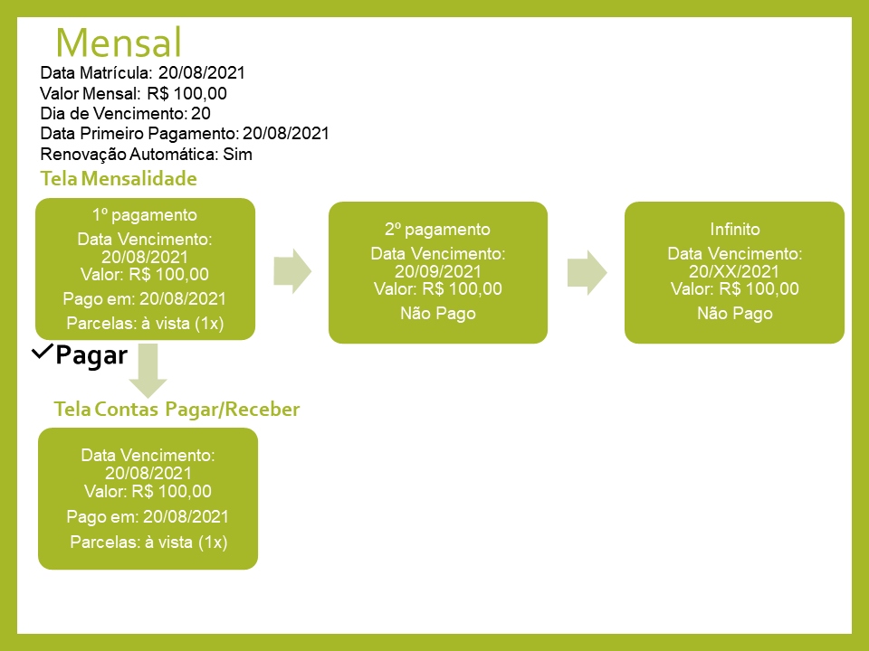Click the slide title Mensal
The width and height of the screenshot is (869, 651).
pyautogui.click(x=119, y=42)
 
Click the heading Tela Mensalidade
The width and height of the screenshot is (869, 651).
pyautogui.click(x=119, y=179)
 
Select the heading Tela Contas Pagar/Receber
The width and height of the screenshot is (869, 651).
pyautogui.click(x=177, y=410)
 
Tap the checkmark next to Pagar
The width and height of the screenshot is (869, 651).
pyautogui.click(x=42, y=353)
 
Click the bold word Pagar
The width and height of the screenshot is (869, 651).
pyautogui.click(x=91, y=355)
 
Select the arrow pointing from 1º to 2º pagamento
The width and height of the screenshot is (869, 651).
pyautogui.click(x=291, y=270)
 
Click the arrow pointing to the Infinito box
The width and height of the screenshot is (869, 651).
pyautogui.click(x=587, y=270)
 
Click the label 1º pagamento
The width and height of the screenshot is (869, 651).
pyautogui.click(x=145, y=215)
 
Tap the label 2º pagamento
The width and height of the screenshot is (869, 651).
pyautogui.click(x=438, y=229)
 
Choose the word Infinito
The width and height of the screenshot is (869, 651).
pyautogui.click(x=735, y=229)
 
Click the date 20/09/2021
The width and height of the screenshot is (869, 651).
pyautogui.click(x=438, y=271)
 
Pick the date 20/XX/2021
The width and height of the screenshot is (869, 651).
pyautogui.click(x=735, y=271)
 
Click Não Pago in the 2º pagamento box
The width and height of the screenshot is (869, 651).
pyautogui.click(x=438, y=314)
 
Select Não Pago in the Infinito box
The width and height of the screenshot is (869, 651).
pyautogui.click(x=735, y=314)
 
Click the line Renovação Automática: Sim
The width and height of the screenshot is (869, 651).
pyautogui.click(x=146, y=154)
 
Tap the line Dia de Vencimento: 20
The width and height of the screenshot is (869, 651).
pyautogui.click(x=126, y=113)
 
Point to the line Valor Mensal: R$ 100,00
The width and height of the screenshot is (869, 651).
pyautogui.click(x=133, y=93)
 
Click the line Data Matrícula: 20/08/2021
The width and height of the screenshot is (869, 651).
pyautogui.click(x=143, y=73)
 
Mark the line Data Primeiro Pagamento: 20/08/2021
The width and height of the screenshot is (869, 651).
pyautogui.click(x=185, y=134)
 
